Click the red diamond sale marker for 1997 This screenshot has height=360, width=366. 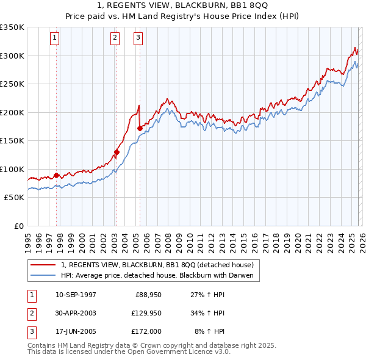57,176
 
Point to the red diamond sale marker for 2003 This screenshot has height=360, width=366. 117,152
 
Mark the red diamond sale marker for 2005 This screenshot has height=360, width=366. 140,128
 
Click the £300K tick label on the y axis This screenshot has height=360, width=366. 12,56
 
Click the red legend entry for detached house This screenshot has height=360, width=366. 160,265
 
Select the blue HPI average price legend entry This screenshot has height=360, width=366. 160,276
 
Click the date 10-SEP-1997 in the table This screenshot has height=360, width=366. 76,295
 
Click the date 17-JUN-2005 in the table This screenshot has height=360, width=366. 76,331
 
